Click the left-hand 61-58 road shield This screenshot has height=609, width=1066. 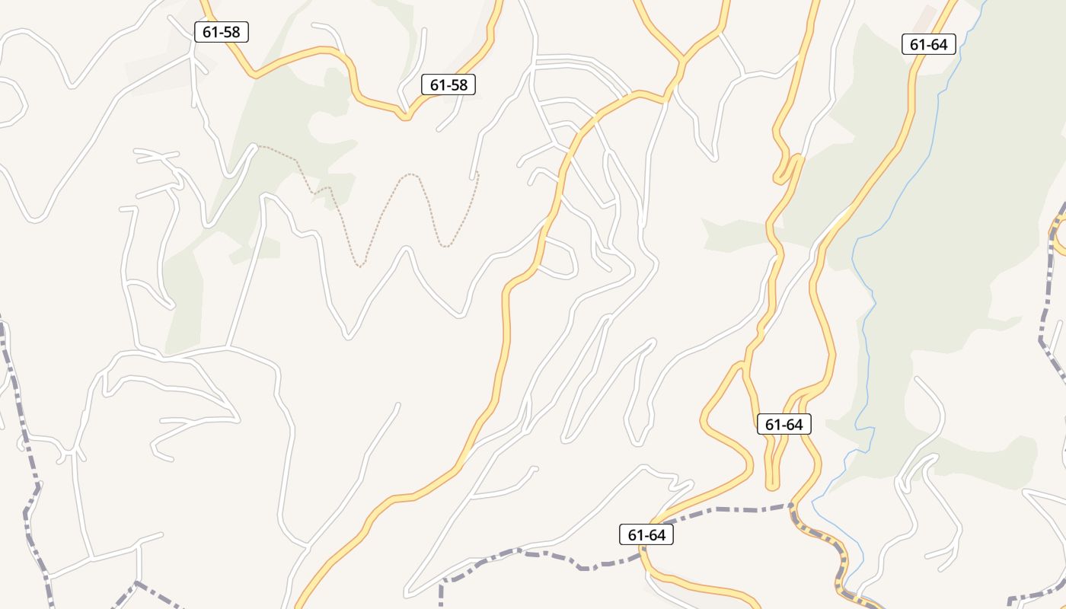222,32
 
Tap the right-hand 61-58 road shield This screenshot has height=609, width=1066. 448,84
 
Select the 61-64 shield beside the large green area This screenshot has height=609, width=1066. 928,44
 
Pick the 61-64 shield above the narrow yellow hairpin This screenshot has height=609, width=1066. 784,424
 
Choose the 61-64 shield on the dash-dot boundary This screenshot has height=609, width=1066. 646,534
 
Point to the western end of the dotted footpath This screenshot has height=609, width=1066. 257,145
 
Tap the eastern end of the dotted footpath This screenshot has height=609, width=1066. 477,174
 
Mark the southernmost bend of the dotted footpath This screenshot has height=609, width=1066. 360,266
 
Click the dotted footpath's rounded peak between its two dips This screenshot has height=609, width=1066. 411,174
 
